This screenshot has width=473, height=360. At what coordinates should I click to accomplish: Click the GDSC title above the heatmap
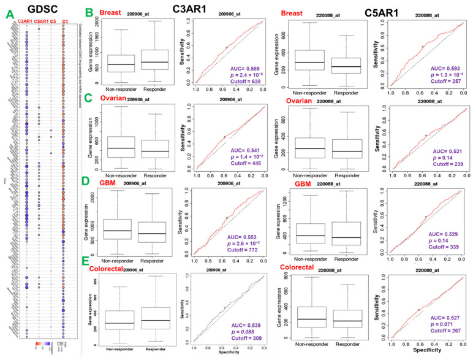point(44,9)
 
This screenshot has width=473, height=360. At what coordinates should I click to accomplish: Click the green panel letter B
point(89,12)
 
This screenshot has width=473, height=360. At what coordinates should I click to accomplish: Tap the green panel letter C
point(89,97)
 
